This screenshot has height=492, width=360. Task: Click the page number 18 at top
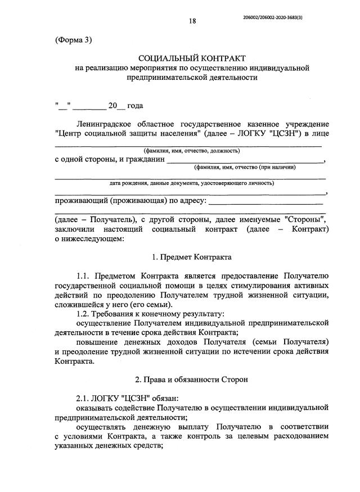click(192, 21)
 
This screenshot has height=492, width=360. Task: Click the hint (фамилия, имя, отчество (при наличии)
click(245, 167)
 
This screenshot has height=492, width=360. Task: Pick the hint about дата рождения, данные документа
click(191, 183)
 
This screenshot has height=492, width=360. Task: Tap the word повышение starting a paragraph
click(98, 341)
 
